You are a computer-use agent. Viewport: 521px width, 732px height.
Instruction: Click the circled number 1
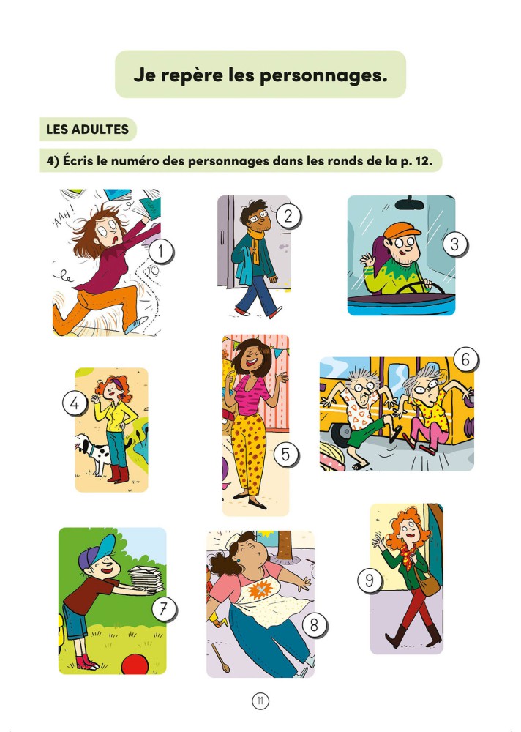(161, 252)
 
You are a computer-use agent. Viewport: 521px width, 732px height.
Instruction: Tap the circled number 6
(465, 359)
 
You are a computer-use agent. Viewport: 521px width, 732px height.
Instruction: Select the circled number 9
(370, 580)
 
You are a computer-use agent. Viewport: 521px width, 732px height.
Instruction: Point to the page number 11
(260, 701)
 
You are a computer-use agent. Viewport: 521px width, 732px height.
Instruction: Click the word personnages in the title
(323, 75)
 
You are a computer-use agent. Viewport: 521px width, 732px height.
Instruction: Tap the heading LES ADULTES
(87, 130)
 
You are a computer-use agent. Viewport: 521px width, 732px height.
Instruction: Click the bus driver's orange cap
(401, 230)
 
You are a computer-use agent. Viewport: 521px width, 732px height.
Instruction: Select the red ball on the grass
(135, 664)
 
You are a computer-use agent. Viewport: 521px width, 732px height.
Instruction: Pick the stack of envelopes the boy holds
(146, 579)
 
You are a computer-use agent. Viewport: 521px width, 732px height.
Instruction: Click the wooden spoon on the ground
(220, 657)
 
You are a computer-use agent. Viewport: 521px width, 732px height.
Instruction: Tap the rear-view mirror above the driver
(410, 203)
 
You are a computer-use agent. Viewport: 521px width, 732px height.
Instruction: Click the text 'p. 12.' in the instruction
(416, 161)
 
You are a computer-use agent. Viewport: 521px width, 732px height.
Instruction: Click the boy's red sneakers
(87, 662)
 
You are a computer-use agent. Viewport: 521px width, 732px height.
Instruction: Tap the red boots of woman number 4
(117, 474)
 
